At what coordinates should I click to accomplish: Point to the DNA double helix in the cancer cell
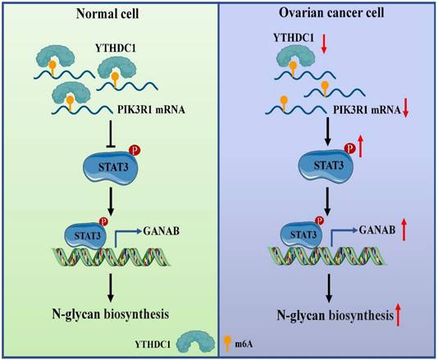[328, 265]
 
